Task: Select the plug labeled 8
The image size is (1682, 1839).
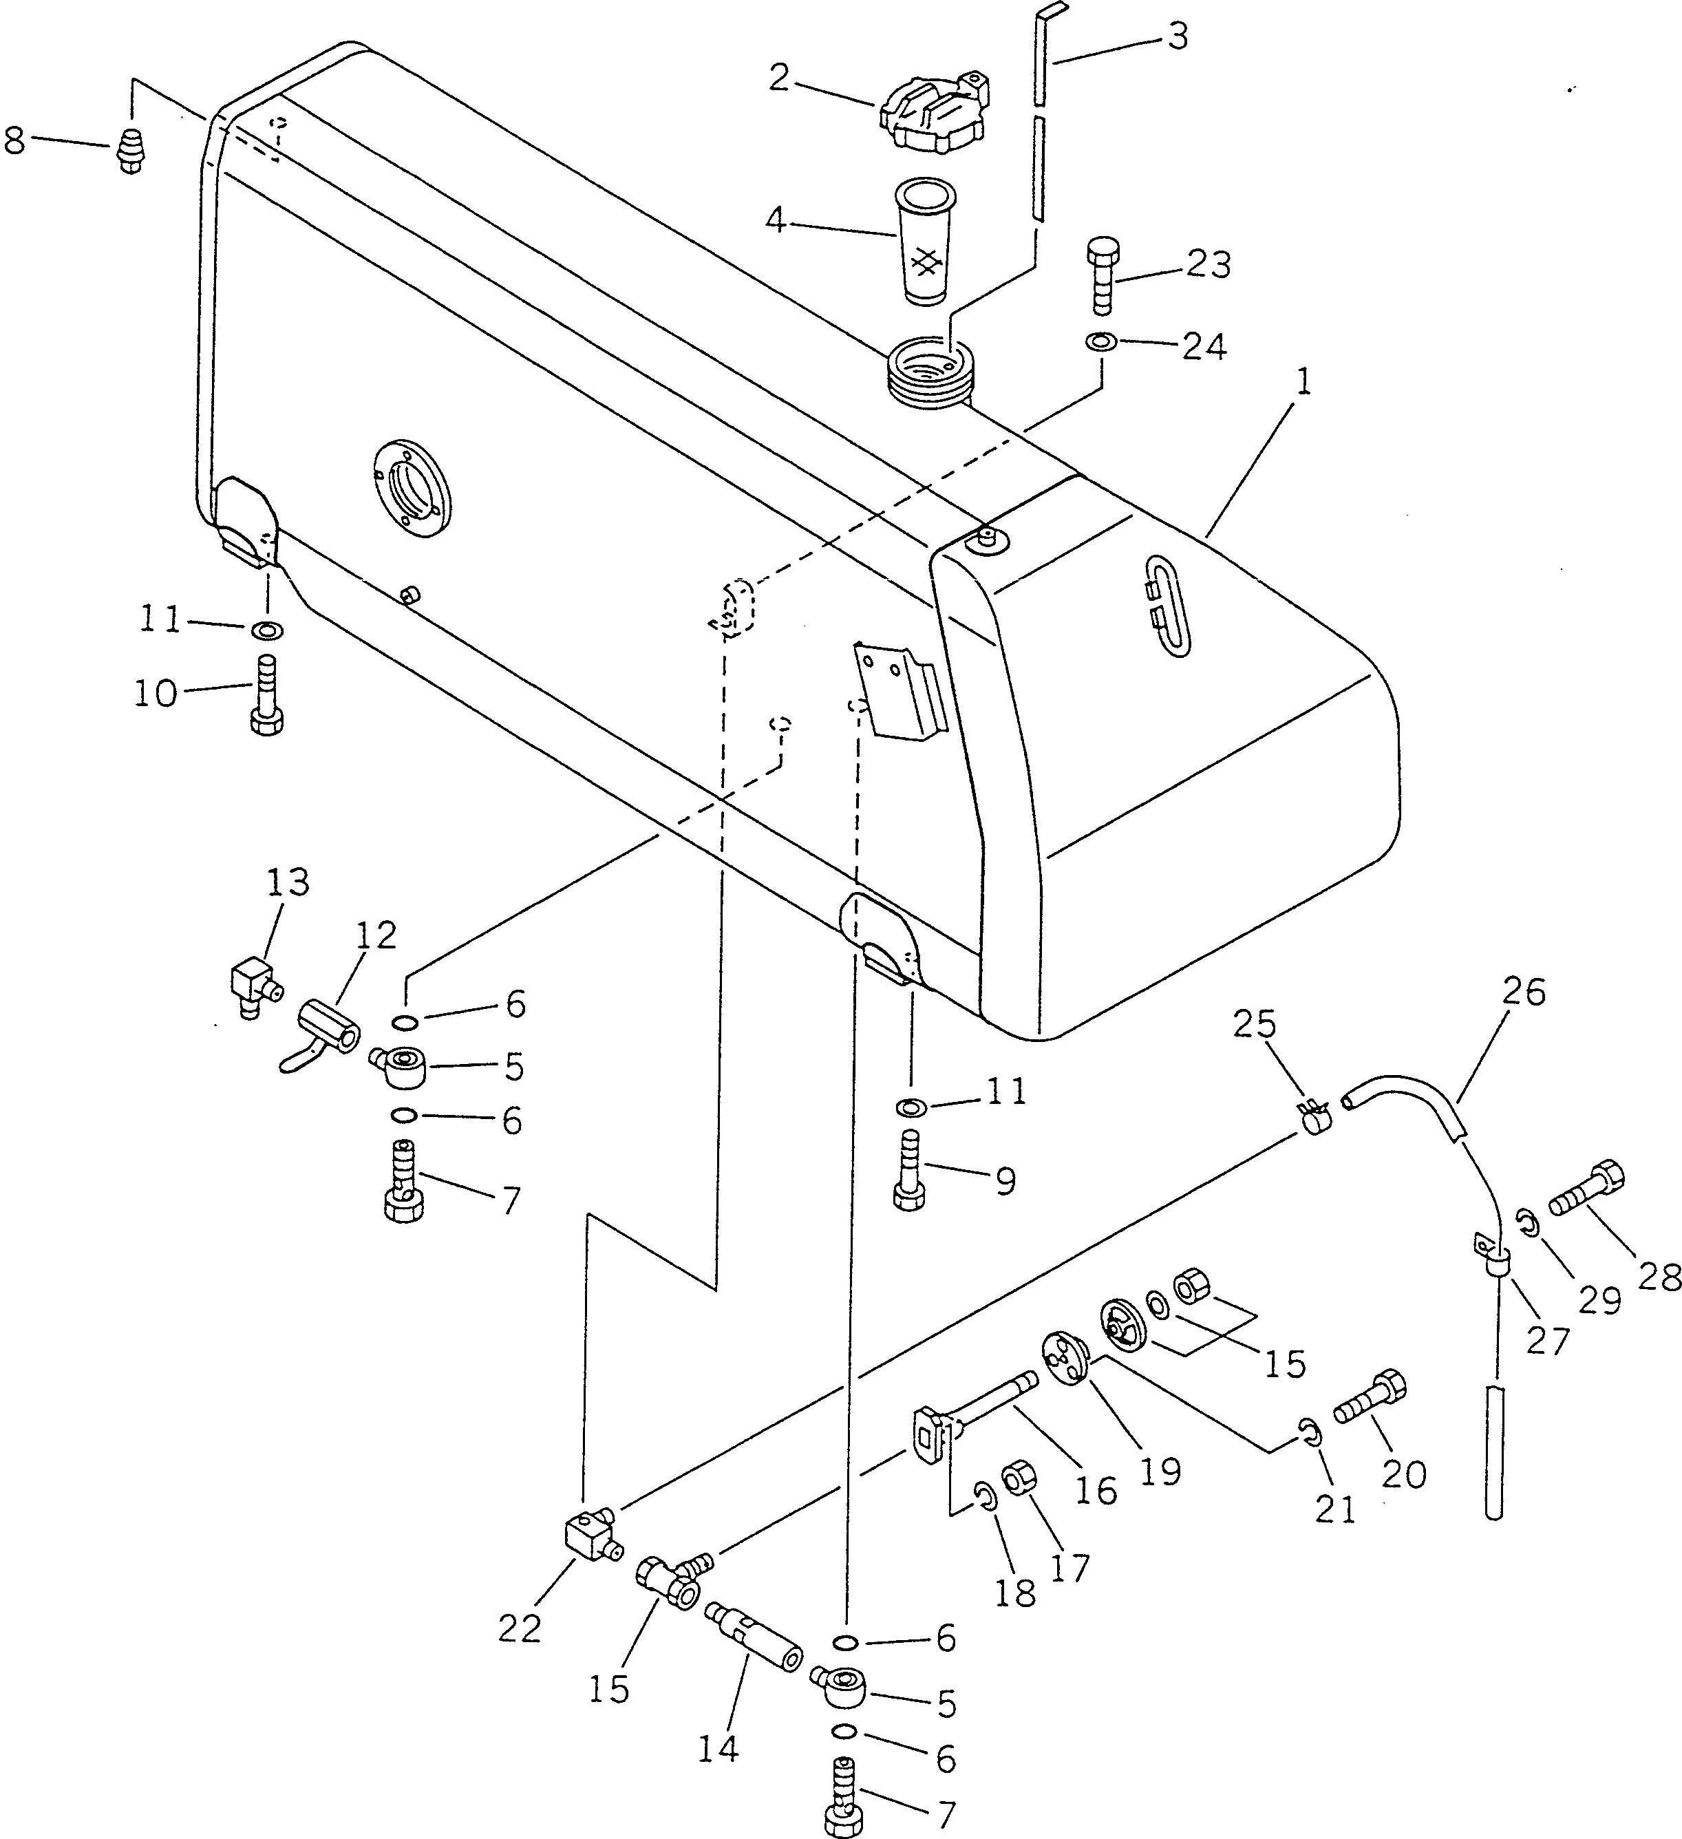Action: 132,151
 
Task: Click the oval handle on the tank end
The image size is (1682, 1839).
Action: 1166,605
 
